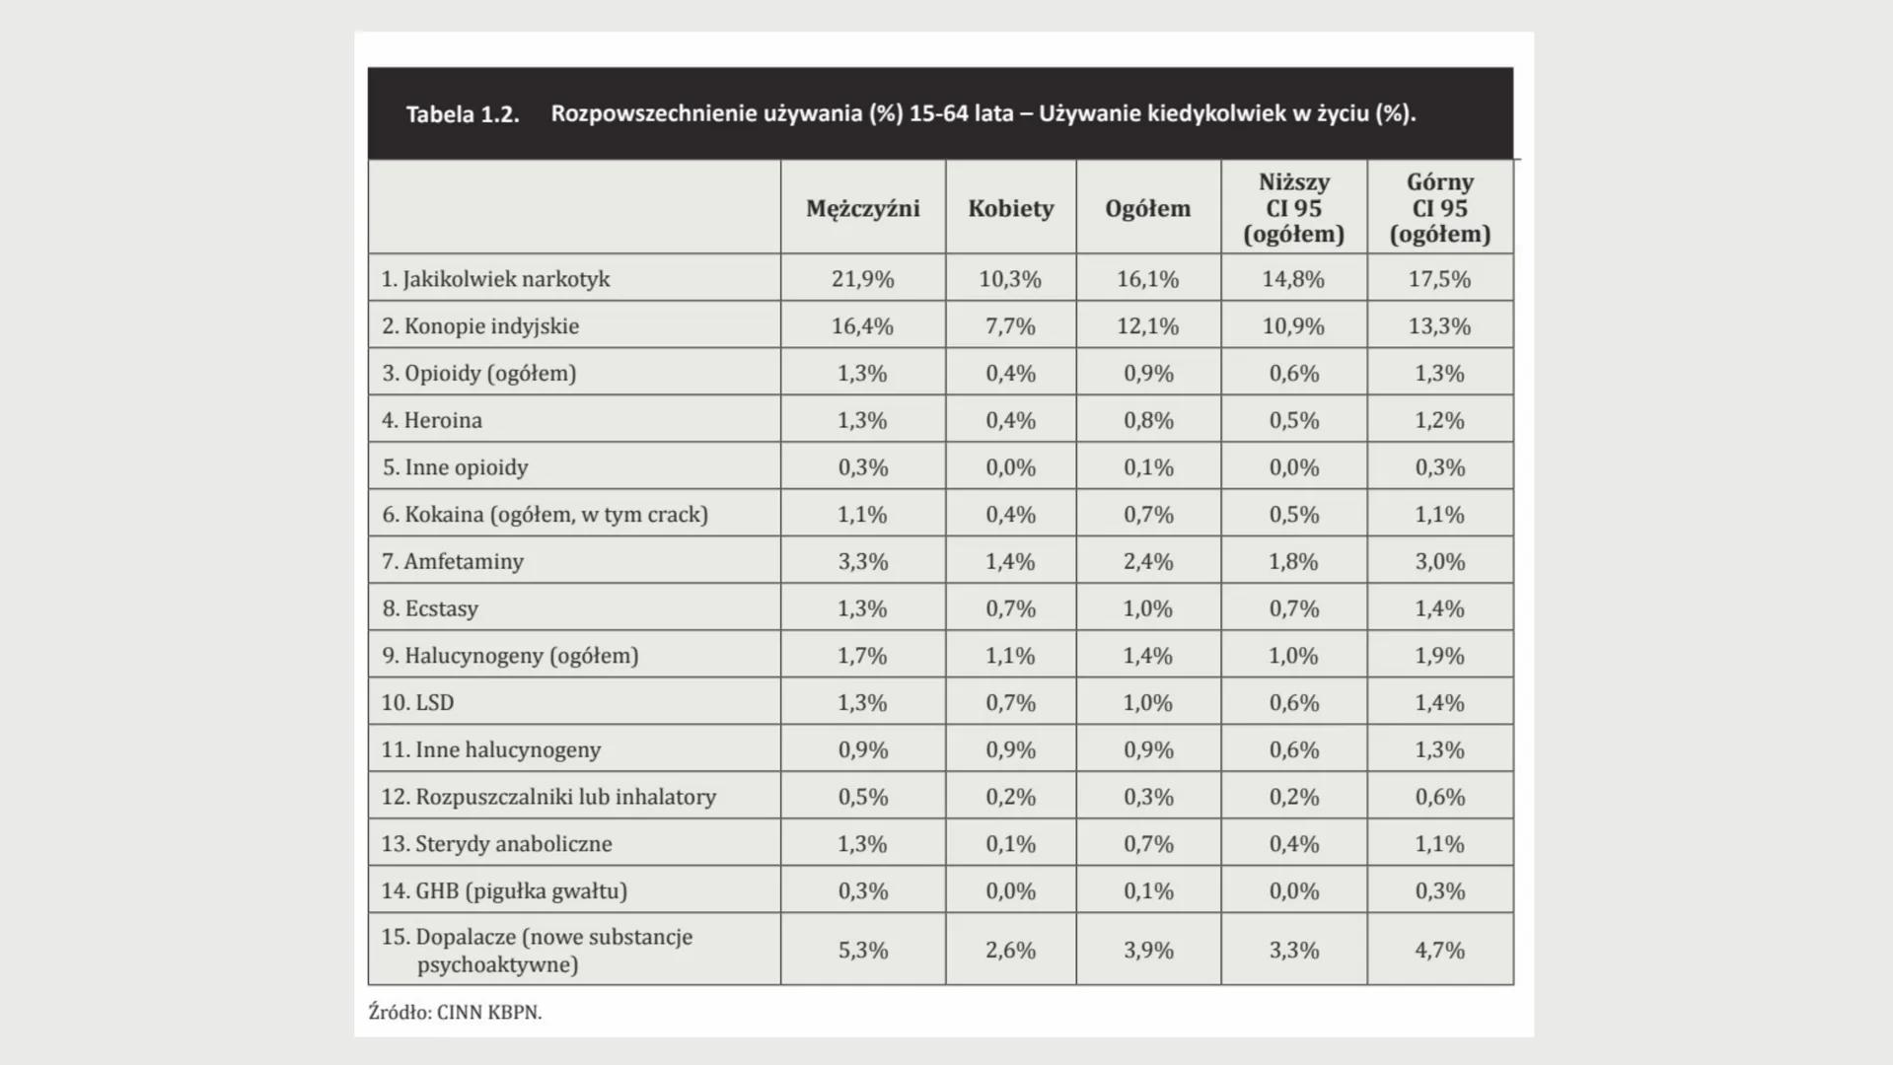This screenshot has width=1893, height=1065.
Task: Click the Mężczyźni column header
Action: [x=862, y=208]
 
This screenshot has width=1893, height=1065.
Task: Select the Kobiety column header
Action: [x=1010, y=208]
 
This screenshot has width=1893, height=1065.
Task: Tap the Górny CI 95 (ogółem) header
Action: [x=1439, y=208]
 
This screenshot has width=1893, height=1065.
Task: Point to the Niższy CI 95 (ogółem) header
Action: [x=1293, y=208]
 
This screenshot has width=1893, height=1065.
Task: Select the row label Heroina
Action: [x=432, y=420]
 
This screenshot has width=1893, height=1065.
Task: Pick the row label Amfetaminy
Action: [x=453, y=561]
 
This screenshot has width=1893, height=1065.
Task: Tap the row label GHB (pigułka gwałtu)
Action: [x=504, y=890]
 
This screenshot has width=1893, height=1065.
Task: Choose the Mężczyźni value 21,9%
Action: [x=862, y=279]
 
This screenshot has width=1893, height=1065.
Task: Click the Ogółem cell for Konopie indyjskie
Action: [x=1147, y=325]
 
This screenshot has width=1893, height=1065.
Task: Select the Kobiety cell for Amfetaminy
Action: [x=1010, y=561]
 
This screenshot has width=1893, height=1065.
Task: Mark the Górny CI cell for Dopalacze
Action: [x=1439, y=950]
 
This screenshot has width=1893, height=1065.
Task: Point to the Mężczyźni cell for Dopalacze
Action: [x=862, y=950]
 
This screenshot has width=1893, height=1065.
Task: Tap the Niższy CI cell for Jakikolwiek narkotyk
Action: [x=1293, y=279]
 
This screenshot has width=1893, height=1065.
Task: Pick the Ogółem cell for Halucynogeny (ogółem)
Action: [x=1147, y=656]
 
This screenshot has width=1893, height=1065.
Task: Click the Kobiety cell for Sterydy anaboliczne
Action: [x=1010, y=843]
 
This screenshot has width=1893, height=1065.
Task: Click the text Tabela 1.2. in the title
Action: [x=462, y=114]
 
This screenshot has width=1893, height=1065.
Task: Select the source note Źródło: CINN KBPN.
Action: [x=455, y=1012]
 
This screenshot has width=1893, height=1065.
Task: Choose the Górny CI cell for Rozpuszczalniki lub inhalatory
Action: [x=1439, y=797]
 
